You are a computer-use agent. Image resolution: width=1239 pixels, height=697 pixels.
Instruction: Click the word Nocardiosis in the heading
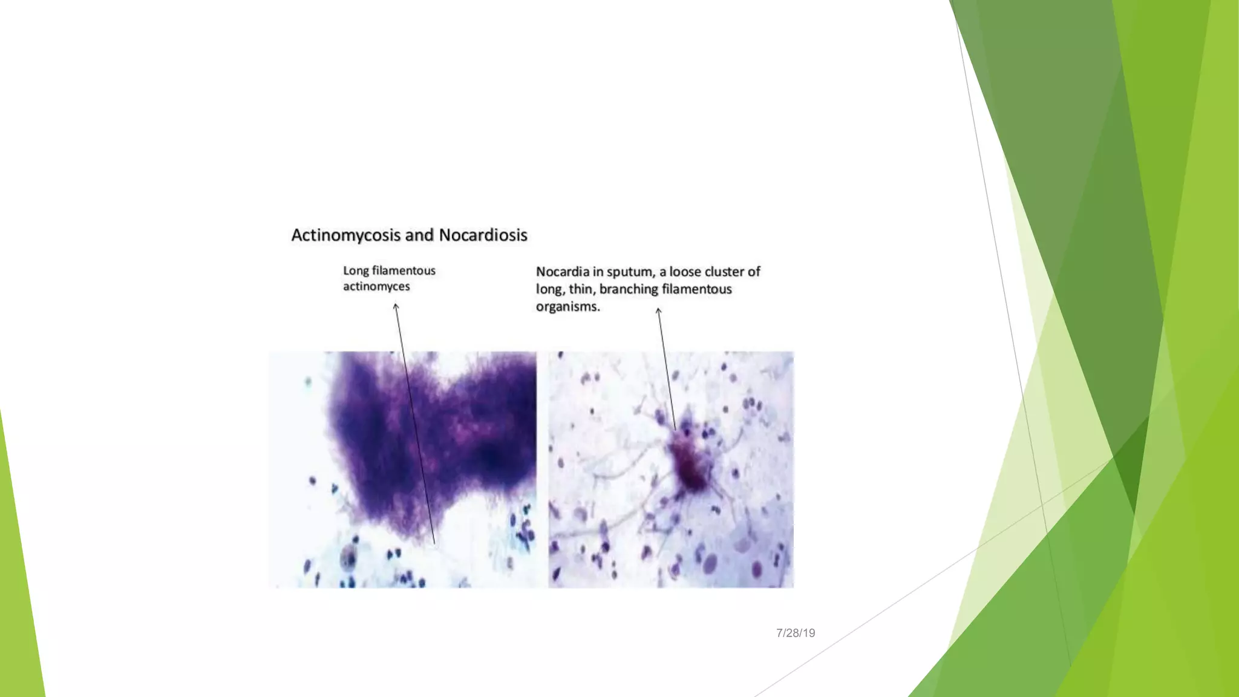[x=483, y=235]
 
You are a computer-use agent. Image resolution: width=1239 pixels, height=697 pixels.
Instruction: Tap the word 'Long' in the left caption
[x=356, y=271]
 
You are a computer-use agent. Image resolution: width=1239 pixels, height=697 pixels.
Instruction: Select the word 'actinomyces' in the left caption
[x=376, y=287]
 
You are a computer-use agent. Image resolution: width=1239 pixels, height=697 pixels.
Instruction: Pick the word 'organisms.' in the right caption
[x=567, y=307]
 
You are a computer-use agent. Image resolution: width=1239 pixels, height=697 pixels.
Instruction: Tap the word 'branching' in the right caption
[x=629, y=290]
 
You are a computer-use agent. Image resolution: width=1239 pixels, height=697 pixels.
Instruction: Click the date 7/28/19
[x=796, y=633]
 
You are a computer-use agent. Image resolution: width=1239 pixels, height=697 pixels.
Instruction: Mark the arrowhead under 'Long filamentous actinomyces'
[x=396, y=306]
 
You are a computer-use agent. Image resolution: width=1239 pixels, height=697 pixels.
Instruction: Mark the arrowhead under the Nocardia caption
[x=658, y=311]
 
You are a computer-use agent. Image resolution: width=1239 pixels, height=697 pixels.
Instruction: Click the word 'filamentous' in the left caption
[x=404, y=271]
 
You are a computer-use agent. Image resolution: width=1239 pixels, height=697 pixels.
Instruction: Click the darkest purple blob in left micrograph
[x=493, y=457]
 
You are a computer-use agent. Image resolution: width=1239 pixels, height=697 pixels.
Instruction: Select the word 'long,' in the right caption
[x=550, y=290]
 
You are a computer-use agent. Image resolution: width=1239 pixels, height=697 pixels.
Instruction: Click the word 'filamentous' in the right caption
[x=696, y=290]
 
